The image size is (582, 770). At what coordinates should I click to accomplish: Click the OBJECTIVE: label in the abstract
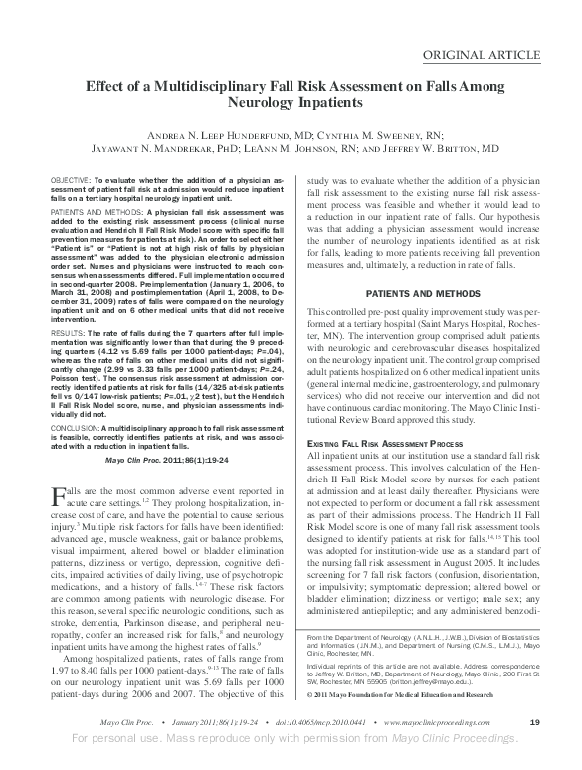click(x=72, y=178)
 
